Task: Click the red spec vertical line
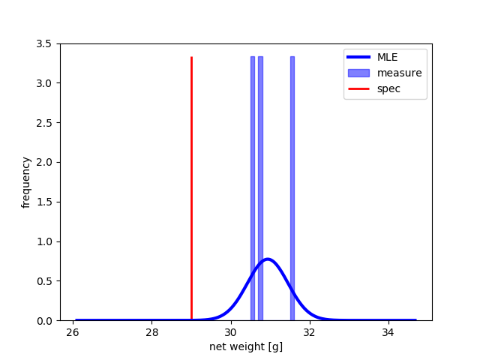[x=192, y=188]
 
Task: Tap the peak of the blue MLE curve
[x=268, y=259]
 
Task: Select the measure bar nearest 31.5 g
[x=292, y=188]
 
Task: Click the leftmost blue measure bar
[x=253, y=188]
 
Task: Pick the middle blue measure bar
[x=260, y=188]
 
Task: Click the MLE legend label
[x=387, y=57]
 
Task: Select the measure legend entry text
[x=400, y=73]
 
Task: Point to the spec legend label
[x=388, y=89]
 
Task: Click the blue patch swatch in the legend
[x=358, y=73]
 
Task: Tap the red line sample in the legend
[x=358, y=88]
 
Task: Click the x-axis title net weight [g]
[x=246, y=346]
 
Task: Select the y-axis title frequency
[x=25, y=182]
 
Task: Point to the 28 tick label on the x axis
[x=151, y=332]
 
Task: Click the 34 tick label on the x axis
[x=388, y=332]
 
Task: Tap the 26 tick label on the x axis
[x=73, y=332]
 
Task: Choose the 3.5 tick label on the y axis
[x=44, y=43]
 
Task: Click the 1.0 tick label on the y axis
[x=44, y=241]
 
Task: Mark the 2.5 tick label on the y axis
[x=44, y=123]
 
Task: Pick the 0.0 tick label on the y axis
[x=44, y=321]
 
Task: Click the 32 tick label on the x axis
[x=310, y=332]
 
